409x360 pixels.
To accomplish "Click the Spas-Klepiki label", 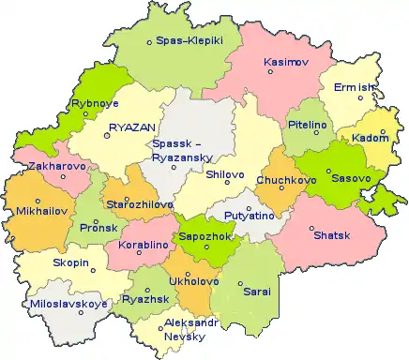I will (x=189, y=42).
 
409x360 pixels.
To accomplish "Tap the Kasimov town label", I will (x=284, y=61).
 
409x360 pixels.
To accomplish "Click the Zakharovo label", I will (x=57, y=166).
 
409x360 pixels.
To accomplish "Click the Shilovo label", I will (x=224, y=174).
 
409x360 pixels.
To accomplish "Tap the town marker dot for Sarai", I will (x=239, y=284).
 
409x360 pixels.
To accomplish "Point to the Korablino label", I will (x=143, y=245).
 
